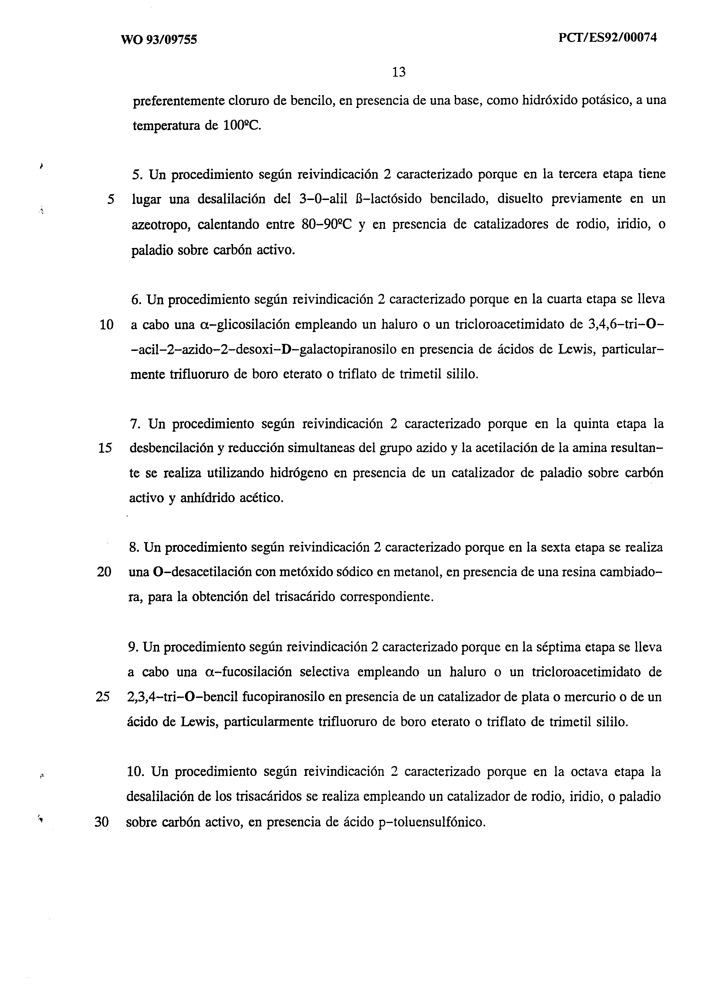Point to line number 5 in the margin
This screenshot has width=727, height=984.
click(111, 199)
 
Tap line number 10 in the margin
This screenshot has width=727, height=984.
click(107, 325)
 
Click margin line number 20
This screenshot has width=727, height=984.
click(104, 572)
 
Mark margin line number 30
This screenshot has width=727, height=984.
click(102, 822)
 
